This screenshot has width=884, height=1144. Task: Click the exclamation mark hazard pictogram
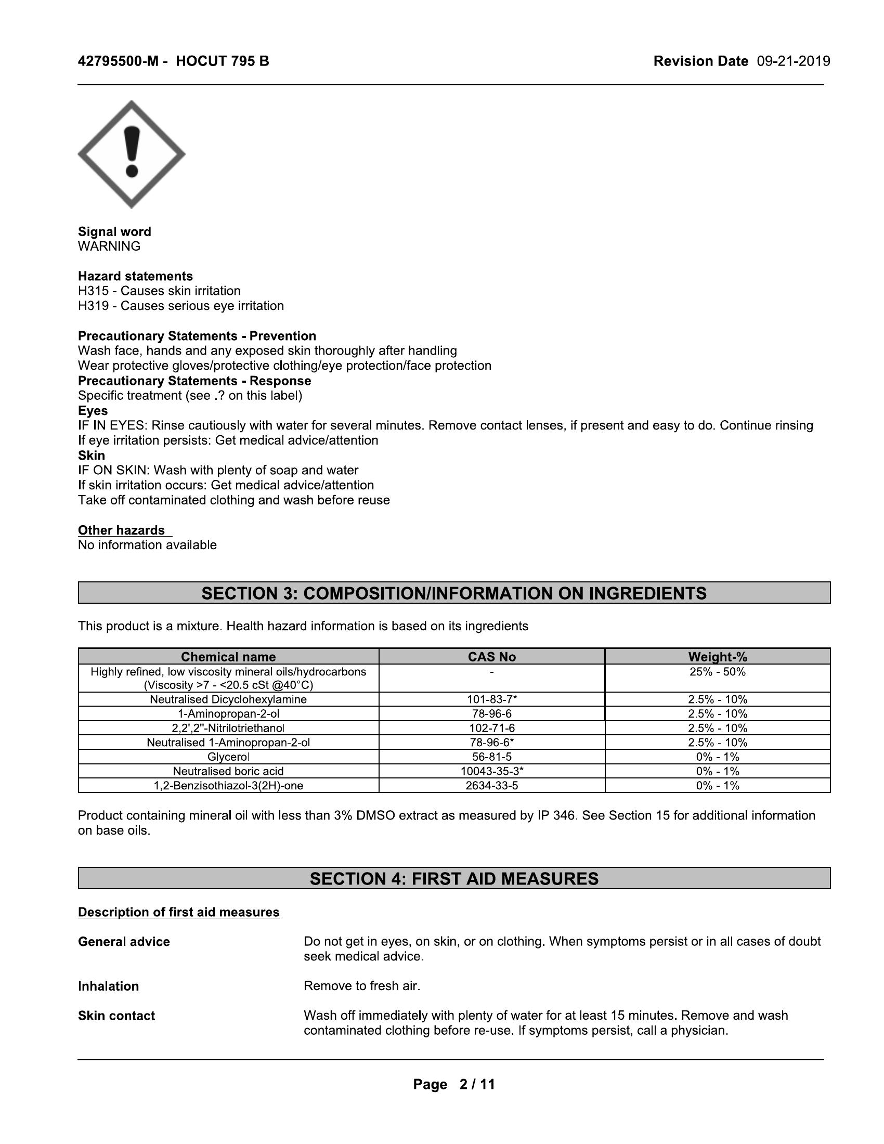(132, 154)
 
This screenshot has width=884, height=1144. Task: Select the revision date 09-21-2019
(793, 61)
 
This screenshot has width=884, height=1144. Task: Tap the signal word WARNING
(109, 246)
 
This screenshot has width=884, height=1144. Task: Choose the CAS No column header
(491, 657)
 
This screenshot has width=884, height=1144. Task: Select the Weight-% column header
(717, 657)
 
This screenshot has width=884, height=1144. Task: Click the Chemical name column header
(228, 657)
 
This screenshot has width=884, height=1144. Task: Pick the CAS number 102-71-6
(491, 728)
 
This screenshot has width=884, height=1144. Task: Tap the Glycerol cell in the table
(228, 757)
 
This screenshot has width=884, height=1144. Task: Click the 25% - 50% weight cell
(717, 672)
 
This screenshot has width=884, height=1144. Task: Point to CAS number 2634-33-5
(491, 785)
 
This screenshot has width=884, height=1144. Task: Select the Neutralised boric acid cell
(228, 771)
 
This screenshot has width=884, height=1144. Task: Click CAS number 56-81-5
(491, 757)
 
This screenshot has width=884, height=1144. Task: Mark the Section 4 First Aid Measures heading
(453, 878)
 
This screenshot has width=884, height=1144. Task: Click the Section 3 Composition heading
(453, 593)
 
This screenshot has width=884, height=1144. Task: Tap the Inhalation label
(108, 986)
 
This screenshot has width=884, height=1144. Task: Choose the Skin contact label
(116, 1016)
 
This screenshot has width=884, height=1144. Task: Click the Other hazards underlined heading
(122, 530)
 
